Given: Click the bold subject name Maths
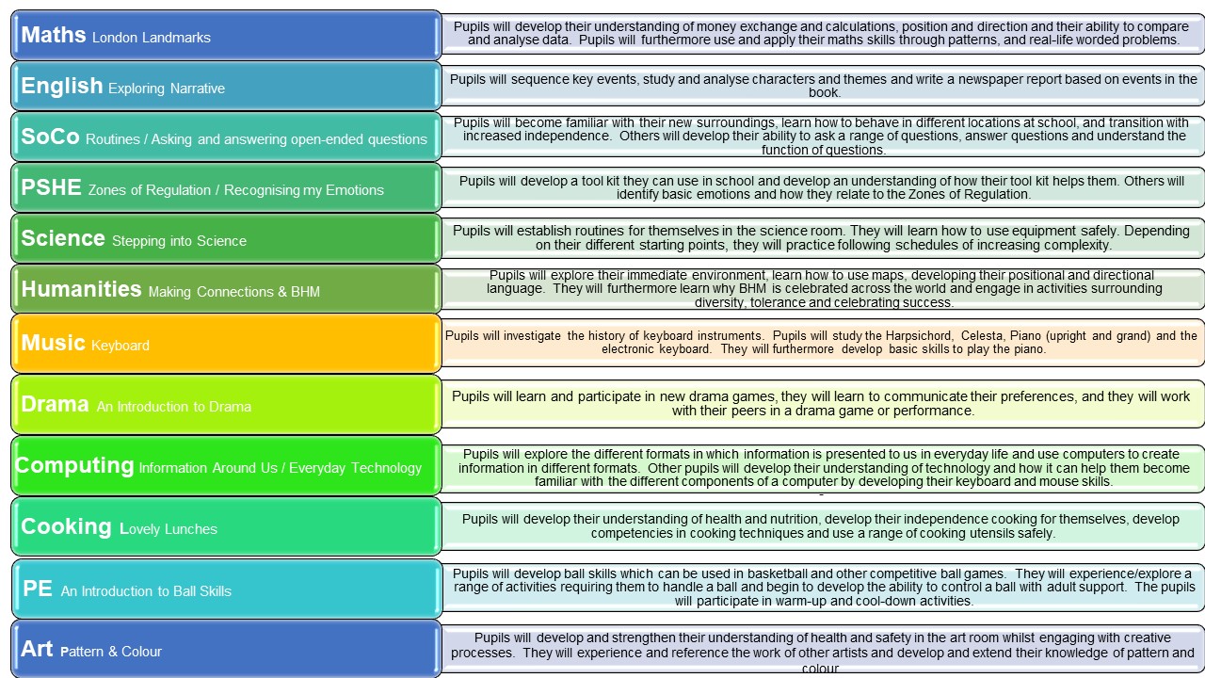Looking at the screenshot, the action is coord(54,35).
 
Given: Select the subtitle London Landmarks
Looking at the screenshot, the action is coord(152,38).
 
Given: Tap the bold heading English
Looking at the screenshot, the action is coord(62,86).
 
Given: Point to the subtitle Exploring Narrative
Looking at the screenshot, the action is coord(167,89).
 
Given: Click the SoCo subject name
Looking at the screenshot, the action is coord(50,137).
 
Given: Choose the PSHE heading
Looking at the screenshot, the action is coord(51,187).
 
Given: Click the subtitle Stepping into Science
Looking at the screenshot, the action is coord(179,240).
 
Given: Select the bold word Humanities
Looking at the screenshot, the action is coord(81,289).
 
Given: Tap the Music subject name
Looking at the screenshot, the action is coord(53,343).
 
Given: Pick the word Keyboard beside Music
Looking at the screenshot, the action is coord(120,346).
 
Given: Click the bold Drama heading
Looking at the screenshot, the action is coord(55,404).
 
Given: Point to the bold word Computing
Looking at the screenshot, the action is coord(74,466).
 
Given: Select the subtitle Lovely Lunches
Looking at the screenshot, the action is coord(169,529).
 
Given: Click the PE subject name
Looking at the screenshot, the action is coord(38,589).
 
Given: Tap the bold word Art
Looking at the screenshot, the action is coord(37,649).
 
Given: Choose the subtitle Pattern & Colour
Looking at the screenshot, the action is coord(111,652).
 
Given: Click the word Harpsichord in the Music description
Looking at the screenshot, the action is coord(920,336).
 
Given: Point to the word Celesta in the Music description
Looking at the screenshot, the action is coord(982,336).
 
